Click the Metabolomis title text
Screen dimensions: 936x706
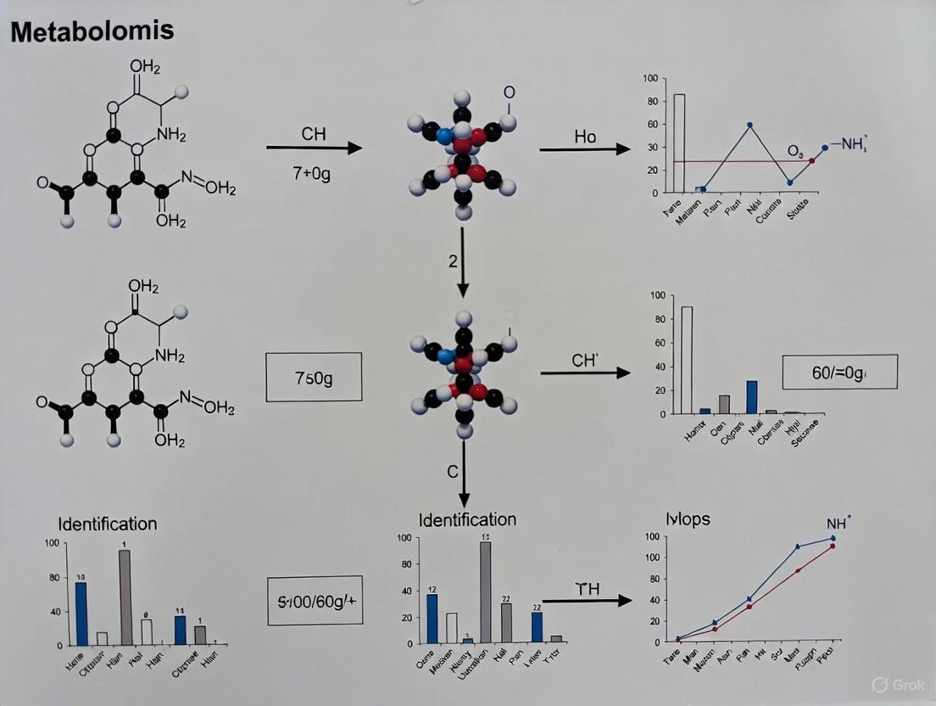coord(92,31)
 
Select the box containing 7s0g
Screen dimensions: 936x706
coord(314,376)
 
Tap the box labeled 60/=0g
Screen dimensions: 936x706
coord(838,372)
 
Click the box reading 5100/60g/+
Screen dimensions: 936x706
coord(315,601)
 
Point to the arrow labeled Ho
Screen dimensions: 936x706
coord(585,150)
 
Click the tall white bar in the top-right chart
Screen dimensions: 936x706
coord(679,143)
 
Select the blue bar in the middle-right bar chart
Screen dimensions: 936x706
coord(751,396)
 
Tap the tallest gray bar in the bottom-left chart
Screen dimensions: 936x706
coord(125,597)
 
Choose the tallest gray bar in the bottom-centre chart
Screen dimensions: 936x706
coord(486,591)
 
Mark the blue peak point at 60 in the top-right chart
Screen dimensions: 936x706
coord(749,125)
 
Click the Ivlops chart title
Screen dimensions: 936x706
coord(688,518)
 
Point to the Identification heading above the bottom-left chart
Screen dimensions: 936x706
coord(107,524)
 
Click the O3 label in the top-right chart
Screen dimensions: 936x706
coord(794,151)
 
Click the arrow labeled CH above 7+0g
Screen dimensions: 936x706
coord(314,148)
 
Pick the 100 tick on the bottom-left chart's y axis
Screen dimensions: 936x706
coord(52,543)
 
